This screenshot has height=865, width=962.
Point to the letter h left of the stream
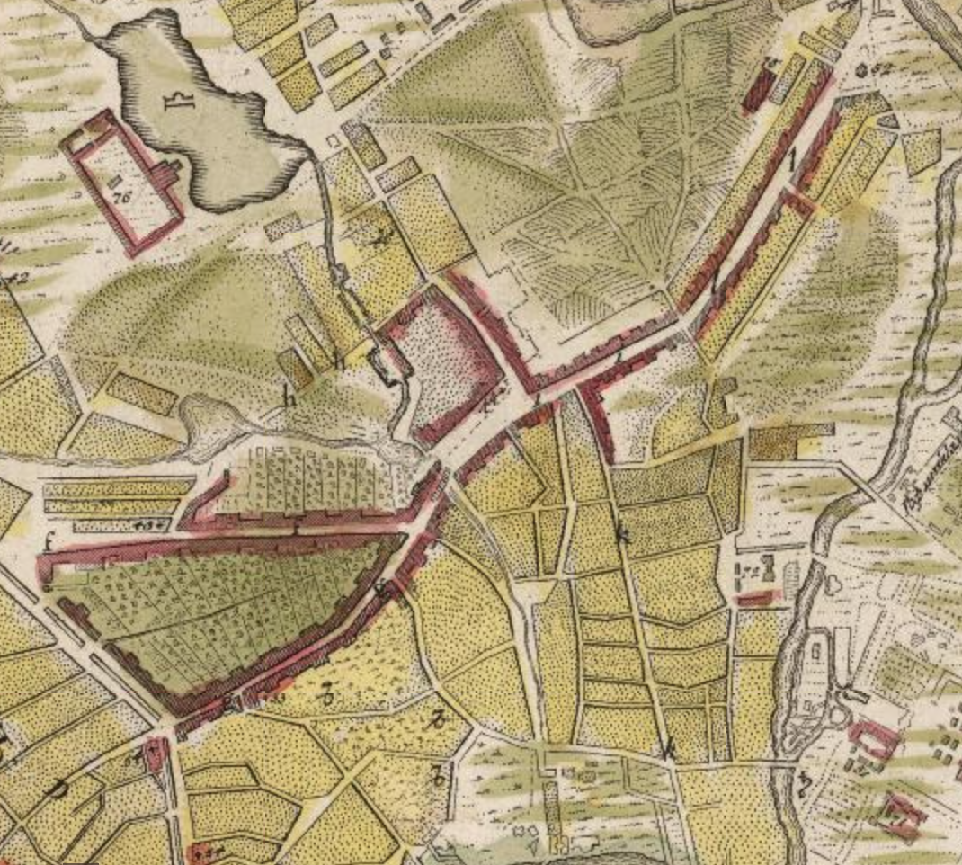[x=290, y=397]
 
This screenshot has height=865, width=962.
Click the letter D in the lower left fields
[x=58, y=789]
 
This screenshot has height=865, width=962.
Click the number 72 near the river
[x=748, y=570]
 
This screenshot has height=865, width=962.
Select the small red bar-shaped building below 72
[x=756, y=598]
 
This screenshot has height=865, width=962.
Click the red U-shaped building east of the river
[x=872, y=739]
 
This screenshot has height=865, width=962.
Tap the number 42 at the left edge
[x=15, y=280]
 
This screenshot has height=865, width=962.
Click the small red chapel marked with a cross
[x=158, y=754]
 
